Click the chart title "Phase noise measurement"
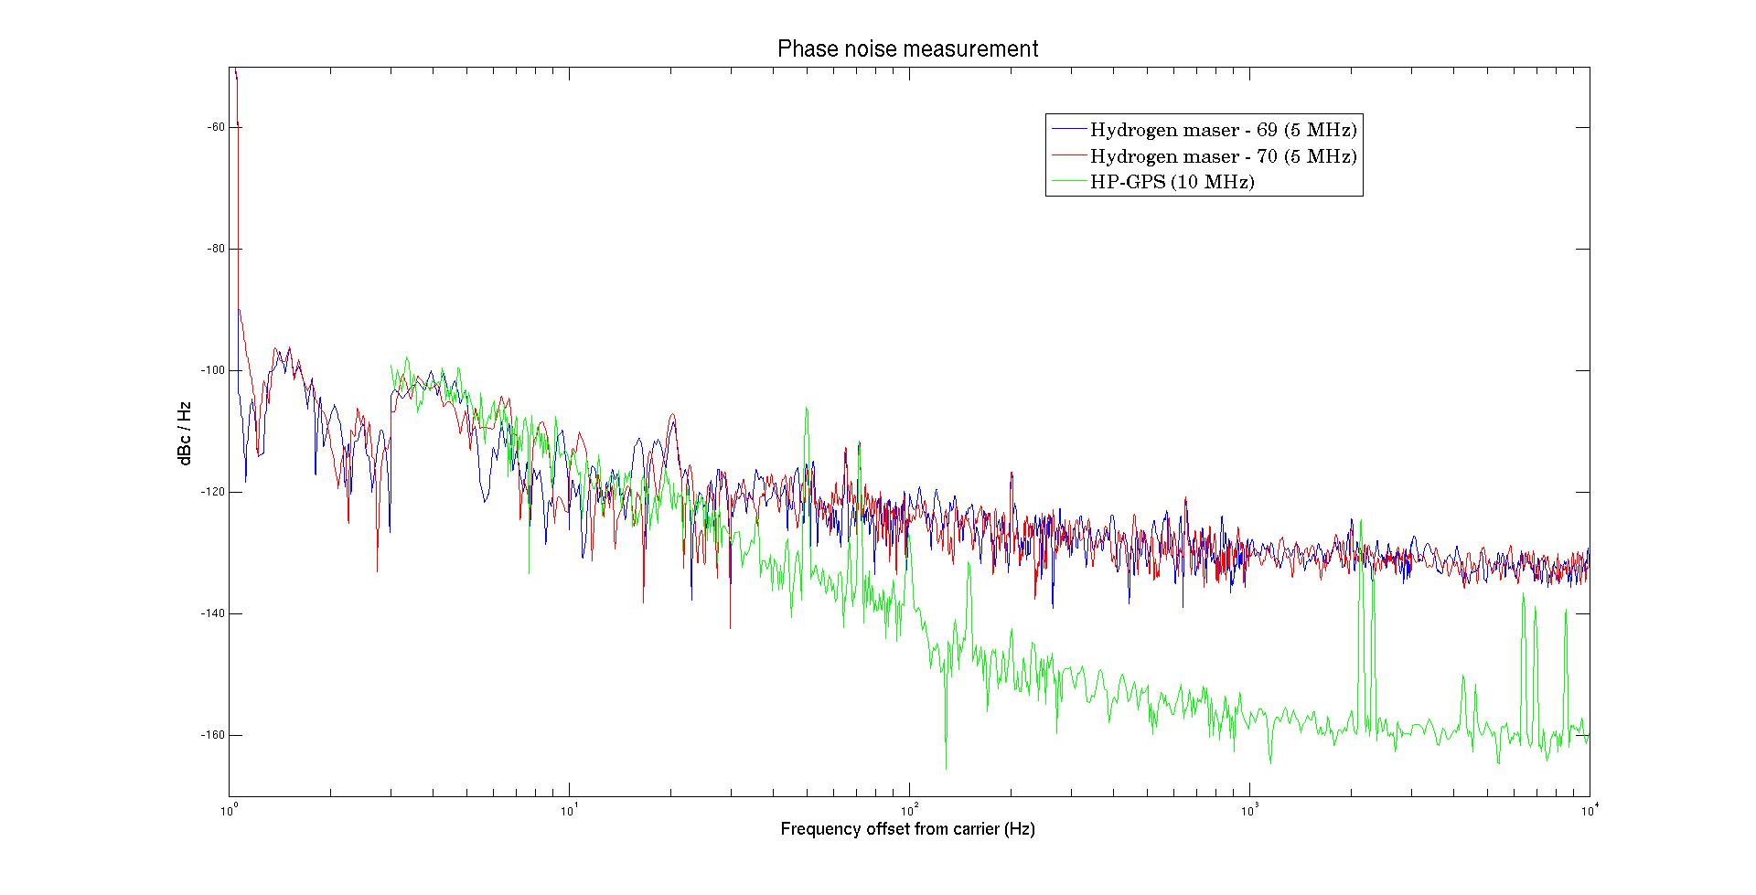[907, 48]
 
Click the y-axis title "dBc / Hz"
[186, 432]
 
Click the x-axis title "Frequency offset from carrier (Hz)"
[907, 829]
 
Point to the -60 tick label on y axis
[216, 127]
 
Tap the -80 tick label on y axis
[216, 249]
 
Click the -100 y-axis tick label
[214, 370]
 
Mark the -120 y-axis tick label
[214, 492]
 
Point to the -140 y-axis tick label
[214, 613]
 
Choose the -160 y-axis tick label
[214, 735]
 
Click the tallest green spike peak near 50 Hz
[807, 409]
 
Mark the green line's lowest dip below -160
[946, 768]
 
